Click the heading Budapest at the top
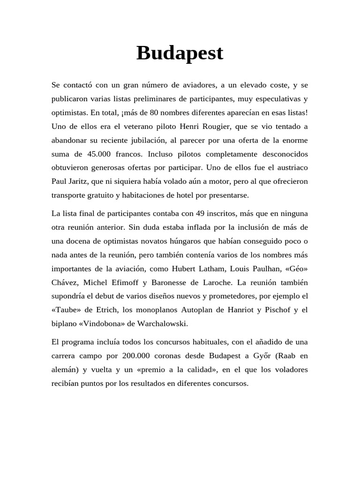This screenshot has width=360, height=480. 180,53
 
